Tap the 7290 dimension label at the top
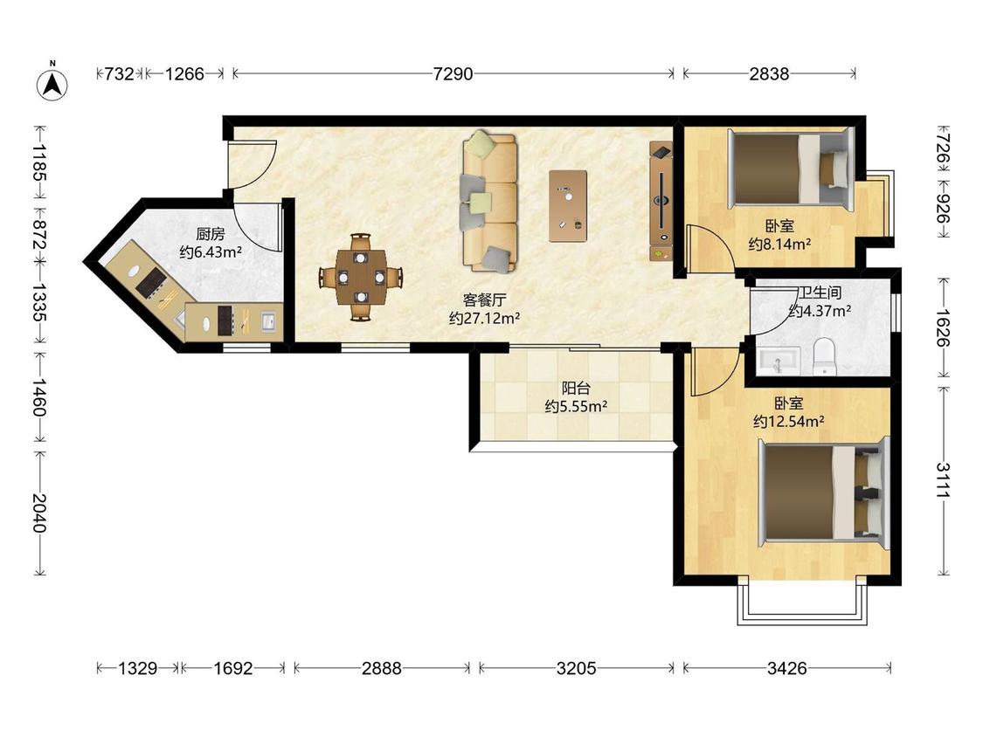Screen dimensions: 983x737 point(453,74)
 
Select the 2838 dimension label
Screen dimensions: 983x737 point(769,74)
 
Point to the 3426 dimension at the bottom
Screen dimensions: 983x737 point(786,668)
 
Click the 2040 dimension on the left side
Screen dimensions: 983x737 point(39,513)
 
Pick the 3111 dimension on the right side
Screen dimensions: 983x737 point(943,479)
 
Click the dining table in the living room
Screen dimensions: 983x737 point(361,277)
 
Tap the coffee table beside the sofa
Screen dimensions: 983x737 point(568,205)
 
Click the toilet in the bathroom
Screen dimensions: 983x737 point(824,356)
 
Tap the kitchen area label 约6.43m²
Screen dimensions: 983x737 point(211,252)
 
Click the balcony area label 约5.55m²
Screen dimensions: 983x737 point(576,406)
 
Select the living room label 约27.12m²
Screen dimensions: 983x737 point(485,318)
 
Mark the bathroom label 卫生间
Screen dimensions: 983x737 point(820,293)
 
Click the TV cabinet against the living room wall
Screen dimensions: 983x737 point(661,201)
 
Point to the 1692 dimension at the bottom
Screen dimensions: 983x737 point(232,668)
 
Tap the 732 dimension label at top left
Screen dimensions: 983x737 point(119,74)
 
